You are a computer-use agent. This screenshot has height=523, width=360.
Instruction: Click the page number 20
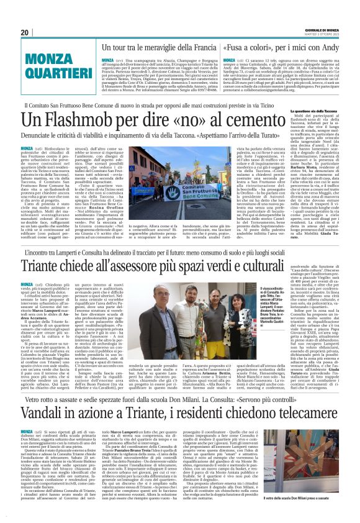click(x=24, y=33)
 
